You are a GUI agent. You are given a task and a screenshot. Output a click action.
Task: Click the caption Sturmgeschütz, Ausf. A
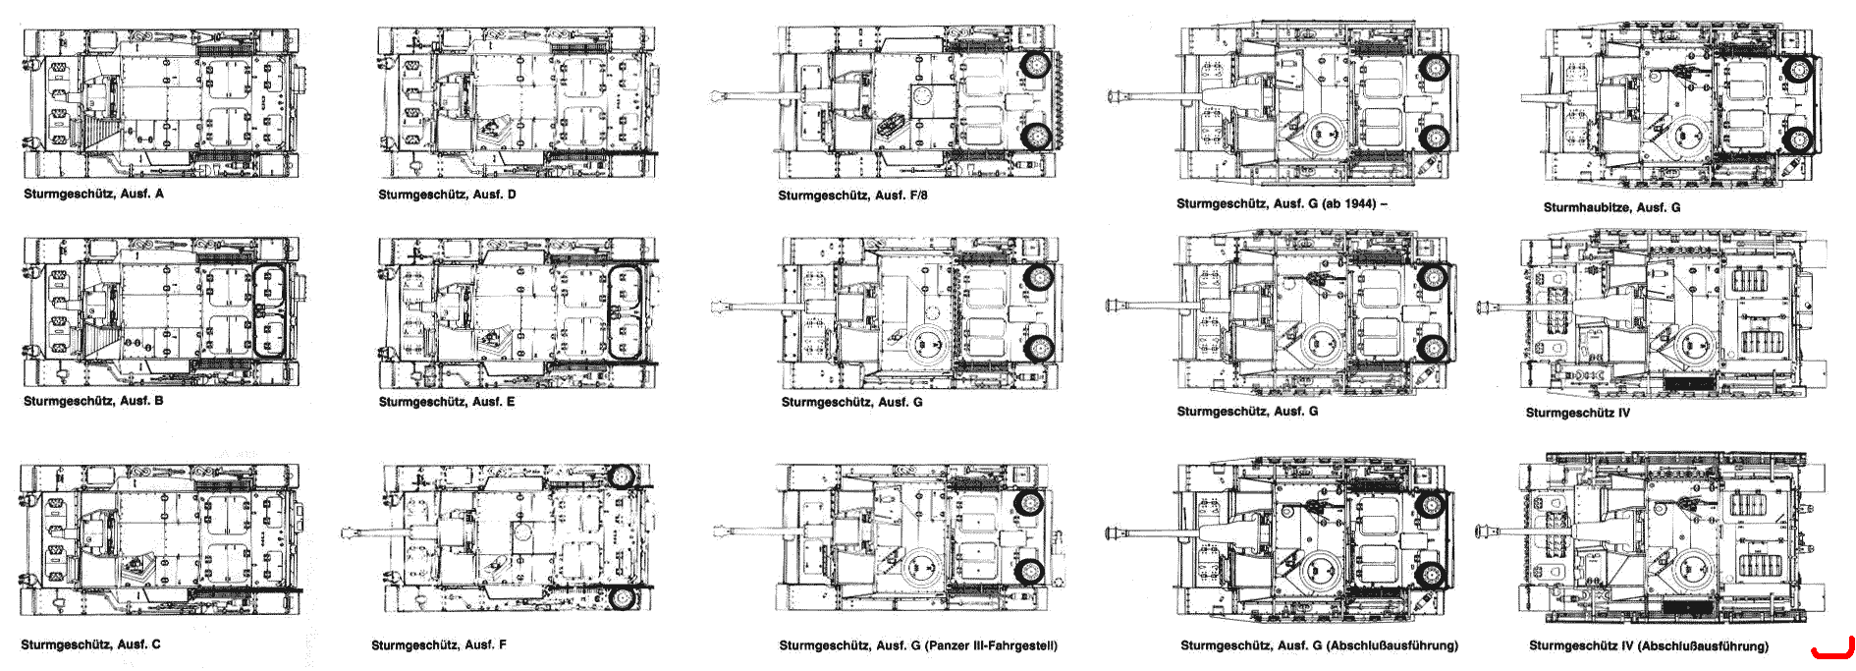[x=94, y=194]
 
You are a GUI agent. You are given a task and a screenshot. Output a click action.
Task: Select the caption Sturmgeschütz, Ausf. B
[x=93, y=401]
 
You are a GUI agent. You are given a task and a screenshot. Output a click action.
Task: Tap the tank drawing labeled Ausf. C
[x=160, y=539]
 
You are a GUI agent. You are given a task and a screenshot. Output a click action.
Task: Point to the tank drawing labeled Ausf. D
[x=518, y=102]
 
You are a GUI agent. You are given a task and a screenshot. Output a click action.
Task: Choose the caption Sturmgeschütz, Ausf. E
[x=447, y=402]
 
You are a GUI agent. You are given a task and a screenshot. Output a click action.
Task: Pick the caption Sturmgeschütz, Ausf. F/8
[x=852, y=196]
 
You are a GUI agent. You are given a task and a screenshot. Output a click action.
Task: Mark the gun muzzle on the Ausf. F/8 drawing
[x=718, y=96]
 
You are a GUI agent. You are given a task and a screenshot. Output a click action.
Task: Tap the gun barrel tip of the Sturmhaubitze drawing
[x=1525, y=97]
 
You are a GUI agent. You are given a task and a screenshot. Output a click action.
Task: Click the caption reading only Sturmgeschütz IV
[x=1578, y=413]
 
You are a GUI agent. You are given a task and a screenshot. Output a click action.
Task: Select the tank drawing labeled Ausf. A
[x=161, y=102]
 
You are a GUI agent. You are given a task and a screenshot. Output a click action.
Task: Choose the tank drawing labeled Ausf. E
[x=518, y=312]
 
